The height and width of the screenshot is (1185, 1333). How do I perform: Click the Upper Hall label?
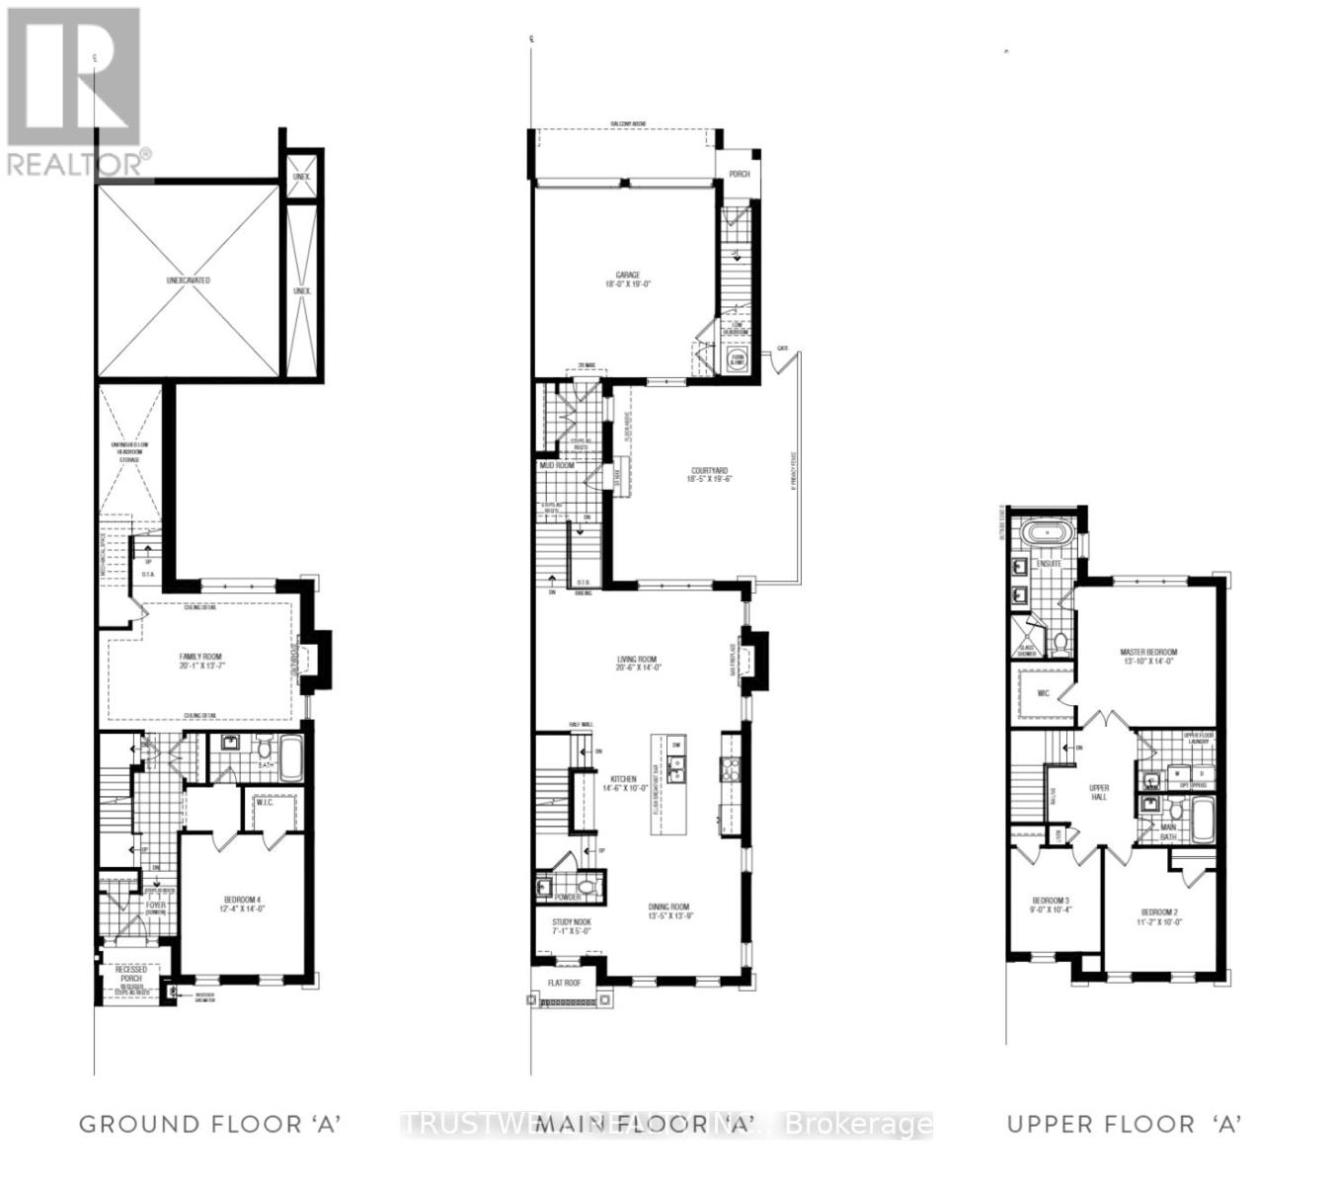click(x=1099, y=792)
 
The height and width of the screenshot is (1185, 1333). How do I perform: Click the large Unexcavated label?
click(x=188, y=280)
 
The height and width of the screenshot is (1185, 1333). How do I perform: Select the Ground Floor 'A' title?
click(x=209, y=1124)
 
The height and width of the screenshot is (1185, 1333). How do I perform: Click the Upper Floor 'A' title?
click(x=1124, y=1124)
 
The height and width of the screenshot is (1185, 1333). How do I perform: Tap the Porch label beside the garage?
click(x=739, y=174)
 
